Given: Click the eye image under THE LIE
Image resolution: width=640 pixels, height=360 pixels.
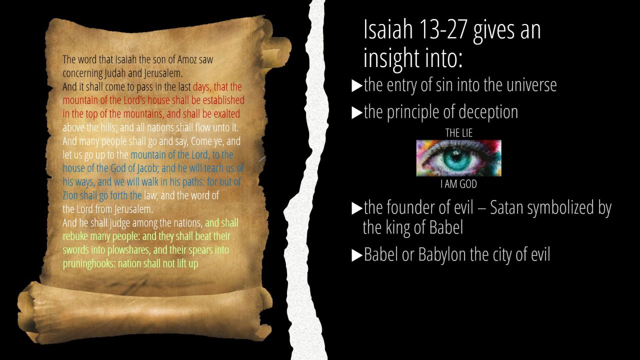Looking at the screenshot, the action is tap(458, 158).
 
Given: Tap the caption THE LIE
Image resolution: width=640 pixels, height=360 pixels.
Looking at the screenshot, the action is tap(459, 133).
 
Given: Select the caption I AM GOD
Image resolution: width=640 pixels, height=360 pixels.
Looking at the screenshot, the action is tap(458, 184).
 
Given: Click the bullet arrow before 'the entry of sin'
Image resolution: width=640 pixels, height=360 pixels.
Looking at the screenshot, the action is tap(357, 85).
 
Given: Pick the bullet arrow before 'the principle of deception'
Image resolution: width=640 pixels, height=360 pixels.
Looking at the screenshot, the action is tap(357, 113).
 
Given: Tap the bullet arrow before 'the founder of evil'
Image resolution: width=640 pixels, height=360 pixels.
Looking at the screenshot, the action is tap(357, 208).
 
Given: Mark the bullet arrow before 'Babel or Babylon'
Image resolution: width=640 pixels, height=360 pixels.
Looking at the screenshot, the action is tap(357, 255).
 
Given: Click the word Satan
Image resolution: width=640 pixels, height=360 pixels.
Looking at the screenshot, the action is tap(507, 207).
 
